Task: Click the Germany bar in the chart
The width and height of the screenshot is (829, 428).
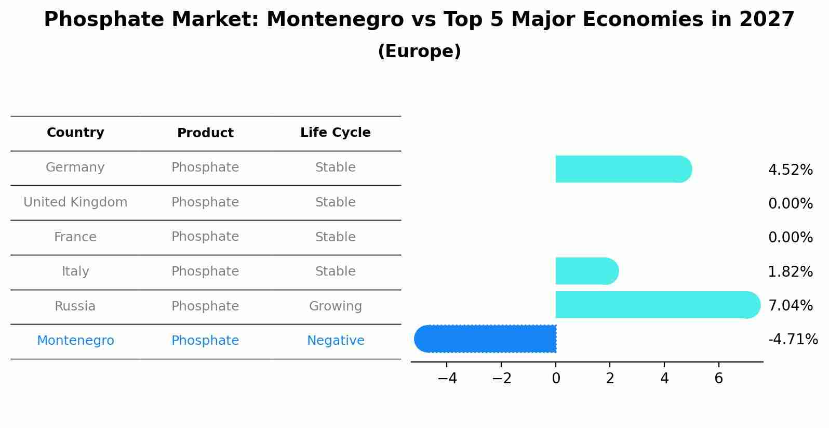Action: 624,169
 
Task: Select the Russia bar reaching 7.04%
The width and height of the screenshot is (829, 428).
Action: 658,305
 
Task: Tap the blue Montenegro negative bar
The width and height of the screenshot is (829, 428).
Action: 485,339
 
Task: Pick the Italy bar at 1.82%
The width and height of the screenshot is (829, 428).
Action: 587,271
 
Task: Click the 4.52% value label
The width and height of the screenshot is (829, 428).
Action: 791,170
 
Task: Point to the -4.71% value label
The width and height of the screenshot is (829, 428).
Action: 793,339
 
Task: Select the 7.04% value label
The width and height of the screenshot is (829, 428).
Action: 791,305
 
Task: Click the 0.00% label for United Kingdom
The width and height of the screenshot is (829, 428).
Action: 791,203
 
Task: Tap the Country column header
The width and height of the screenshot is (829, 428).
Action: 75,132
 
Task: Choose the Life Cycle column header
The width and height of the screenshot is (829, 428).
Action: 336,132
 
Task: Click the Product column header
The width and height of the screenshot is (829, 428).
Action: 205,133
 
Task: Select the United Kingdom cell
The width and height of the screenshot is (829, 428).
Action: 75,202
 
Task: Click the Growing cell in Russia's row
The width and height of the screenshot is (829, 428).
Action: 336,306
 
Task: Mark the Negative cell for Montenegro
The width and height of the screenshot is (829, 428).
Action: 336,340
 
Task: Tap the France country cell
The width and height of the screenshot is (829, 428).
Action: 75,237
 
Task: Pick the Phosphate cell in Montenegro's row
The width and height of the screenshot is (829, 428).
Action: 205,340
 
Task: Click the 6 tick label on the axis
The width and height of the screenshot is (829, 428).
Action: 719,379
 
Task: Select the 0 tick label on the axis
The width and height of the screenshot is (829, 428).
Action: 556,379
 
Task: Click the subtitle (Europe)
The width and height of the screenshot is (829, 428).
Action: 419,51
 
